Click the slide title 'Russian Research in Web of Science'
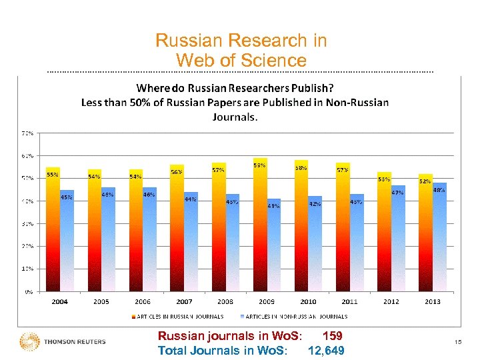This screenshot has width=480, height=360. coord(241,51)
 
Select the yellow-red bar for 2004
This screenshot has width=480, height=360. coord(53,230)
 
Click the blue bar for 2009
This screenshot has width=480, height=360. coord(273,247)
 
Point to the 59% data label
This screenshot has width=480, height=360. coord(259,165)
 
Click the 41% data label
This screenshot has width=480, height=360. coord(273,206)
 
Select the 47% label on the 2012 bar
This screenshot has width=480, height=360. coord(397,193)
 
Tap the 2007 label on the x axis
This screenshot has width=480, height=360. coord(184,302)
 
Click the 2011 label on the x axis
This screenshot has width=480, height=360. coord(349,302)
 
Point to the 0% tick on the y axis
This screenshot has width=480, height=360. coord(29,291)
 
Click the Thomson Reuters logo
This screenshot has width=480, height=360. coord(63,341)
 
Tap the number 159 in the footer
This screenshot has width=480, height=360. coord(331,337)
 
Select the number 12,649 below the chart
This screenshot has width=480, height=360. coord(326,351)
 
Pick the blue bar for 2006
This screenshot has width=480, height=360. coord(149,240)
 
